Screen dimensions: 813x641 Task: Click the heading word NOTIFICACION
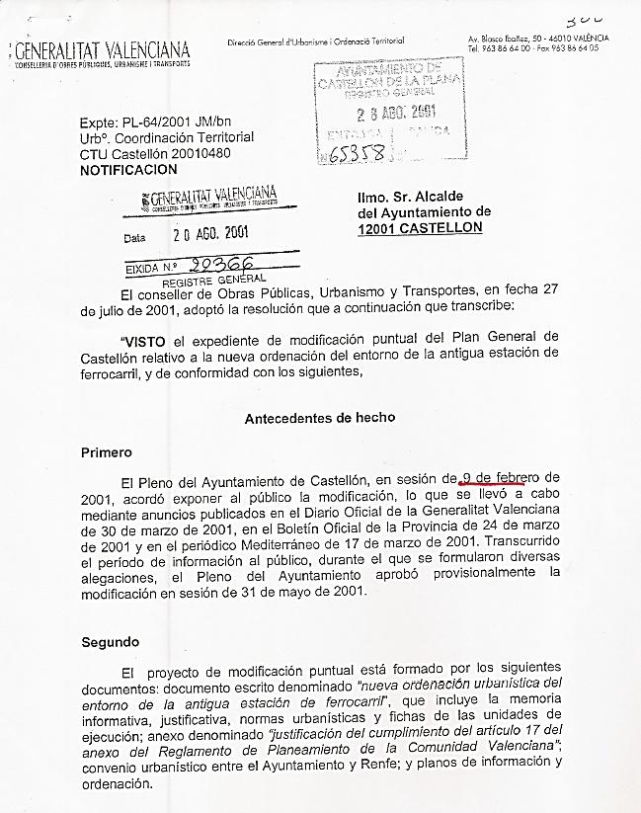[128, 170]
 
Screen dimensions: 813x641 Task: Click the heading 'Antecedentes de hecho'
[320, 418]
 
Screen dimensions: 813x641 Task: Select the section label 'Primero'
[106, 452]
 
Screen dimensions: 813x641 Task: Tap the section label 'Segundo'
[110, 642]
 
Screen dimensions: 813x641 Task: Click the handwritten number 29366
[221, 265]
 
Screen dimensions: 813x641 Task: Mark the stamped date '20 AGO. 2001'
[210, 234]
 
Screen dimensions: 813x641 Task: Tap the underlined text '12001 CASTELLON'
[420, 227]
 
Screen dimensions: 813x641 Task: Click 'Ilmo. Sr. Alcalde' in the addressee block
[410, 197]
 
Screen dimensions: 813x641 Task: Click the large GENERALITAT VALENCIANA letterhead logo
[102, 50]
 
